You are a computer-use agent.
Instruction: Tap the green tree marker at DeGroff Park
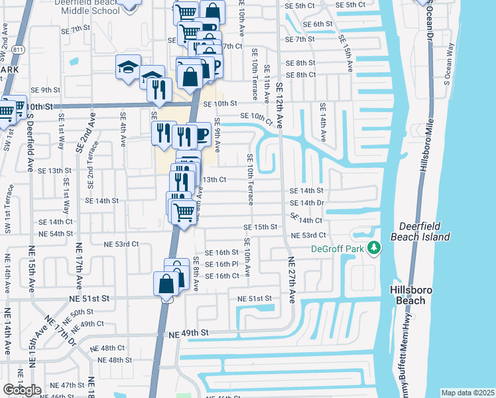[375, 249]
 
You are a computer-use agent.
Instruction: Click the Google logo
[22, 390]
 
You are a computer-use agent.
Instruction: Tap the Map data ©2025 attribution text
[468, 393]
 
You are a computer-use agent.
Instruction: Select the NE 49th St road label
[188, 332]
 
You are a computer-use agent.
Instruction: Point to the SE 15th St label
[259, 227]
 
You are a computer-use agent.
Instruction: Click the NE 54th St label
[56, 233]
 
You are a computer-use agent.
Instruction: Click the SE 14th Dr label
[307, 202]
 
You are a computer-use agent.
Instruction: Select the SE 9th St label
[45, 90]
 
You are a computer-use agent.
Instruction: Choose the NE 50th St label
[82, 312]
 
